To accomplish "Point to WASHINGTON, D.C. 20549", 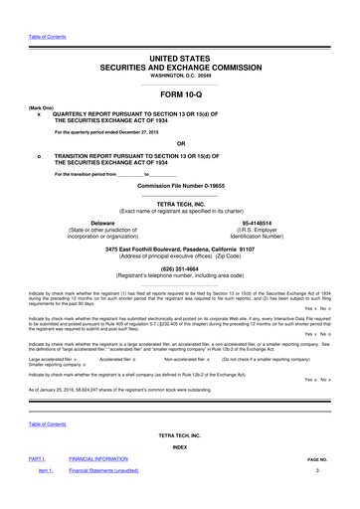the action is click(x=180, y=80).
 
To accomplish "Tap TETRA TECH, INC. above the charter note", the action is click(x=180, y=204).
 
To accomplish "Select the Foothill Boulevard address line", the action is click(x=180, y=249).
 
